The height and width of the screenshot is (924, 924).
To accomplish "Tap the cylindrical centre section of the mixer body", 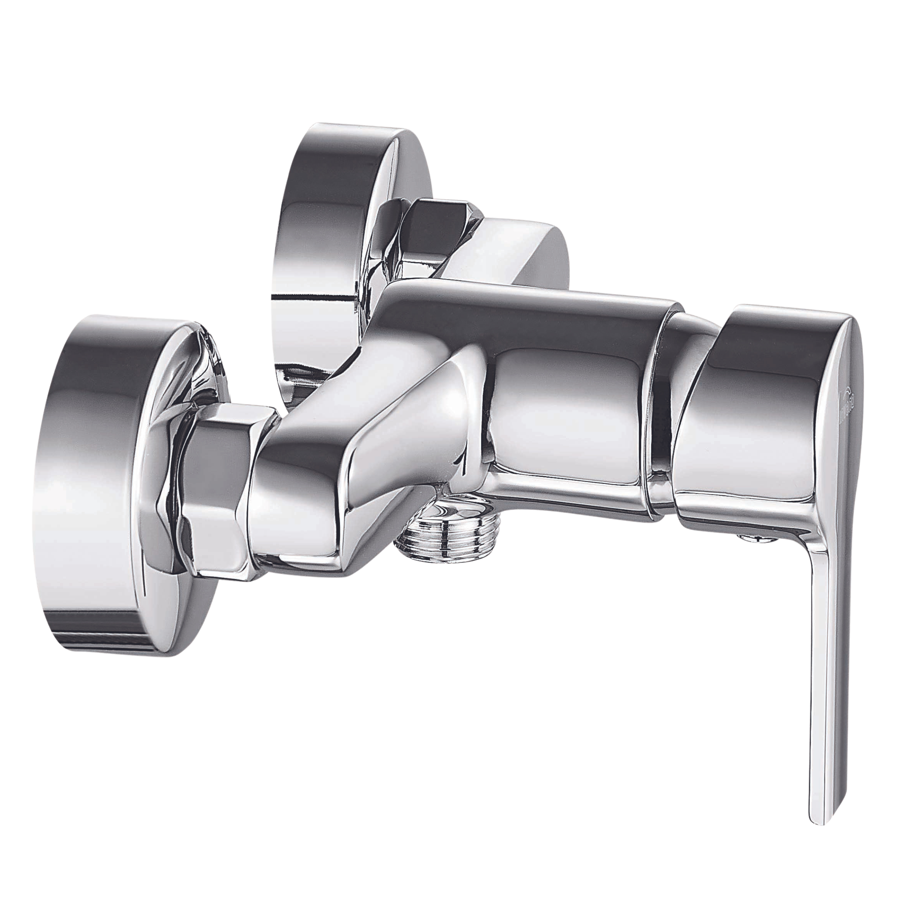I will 564,421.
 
